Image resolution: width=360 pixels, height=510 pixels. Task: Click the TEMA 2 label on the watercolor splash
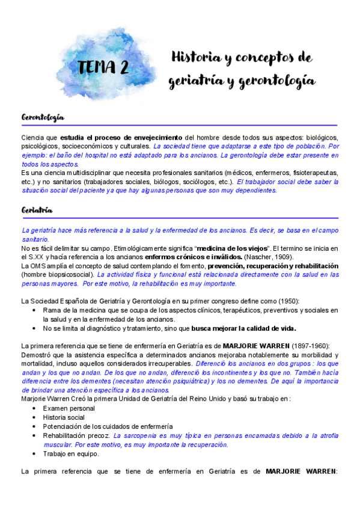(102, 66)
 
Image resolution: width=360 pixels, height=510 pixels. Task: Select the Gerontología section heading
(43, 117)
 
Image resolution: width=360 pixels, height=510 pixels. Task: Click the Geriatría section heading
(37, 210)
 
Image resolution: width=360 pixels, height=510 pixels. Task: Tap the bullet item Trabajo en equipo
(71, 453)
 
